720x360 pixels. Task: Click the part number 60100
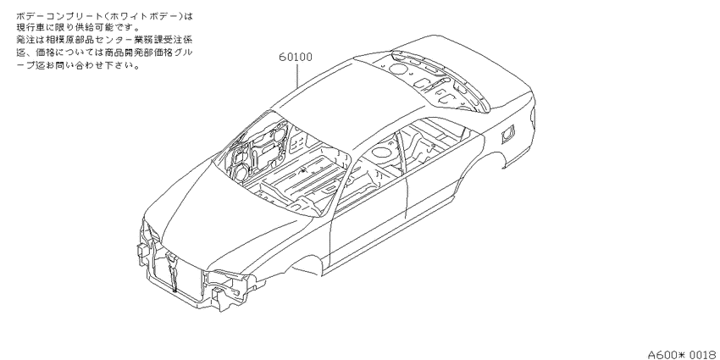tap(296, 58)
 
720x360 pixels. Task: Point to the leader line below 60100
tap(297, 75)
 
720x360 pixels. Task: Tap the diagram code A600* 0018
tap(684, 354)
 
